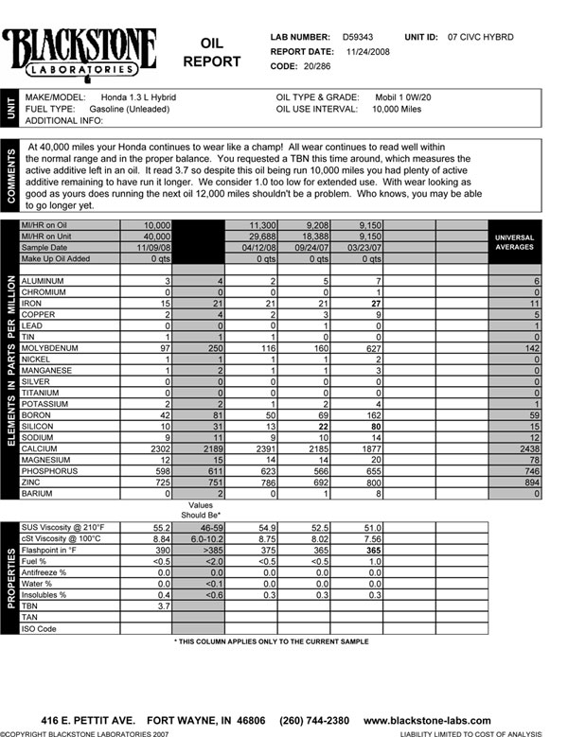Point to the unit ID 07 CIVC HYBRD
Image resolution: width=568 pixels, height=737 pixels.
pyautogui.click(x=481, y=37)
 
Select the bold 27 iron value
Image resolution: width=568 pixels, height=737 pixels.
pyautogui.click(x=375, y=302)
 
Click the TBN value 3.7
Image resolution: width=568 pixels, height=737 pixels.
pyautogui.click(x=161, y=605)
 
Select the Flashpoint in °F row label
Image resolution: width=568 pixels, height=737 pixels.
pyautogui.click(x=59, y=549)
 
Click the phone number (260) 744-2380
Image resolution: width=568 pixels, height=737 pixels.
pyautogui.click(x=309, y=721)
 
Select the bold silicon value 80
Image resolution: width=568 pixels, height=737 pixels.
pyautogui.click(x=375, y=427)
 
